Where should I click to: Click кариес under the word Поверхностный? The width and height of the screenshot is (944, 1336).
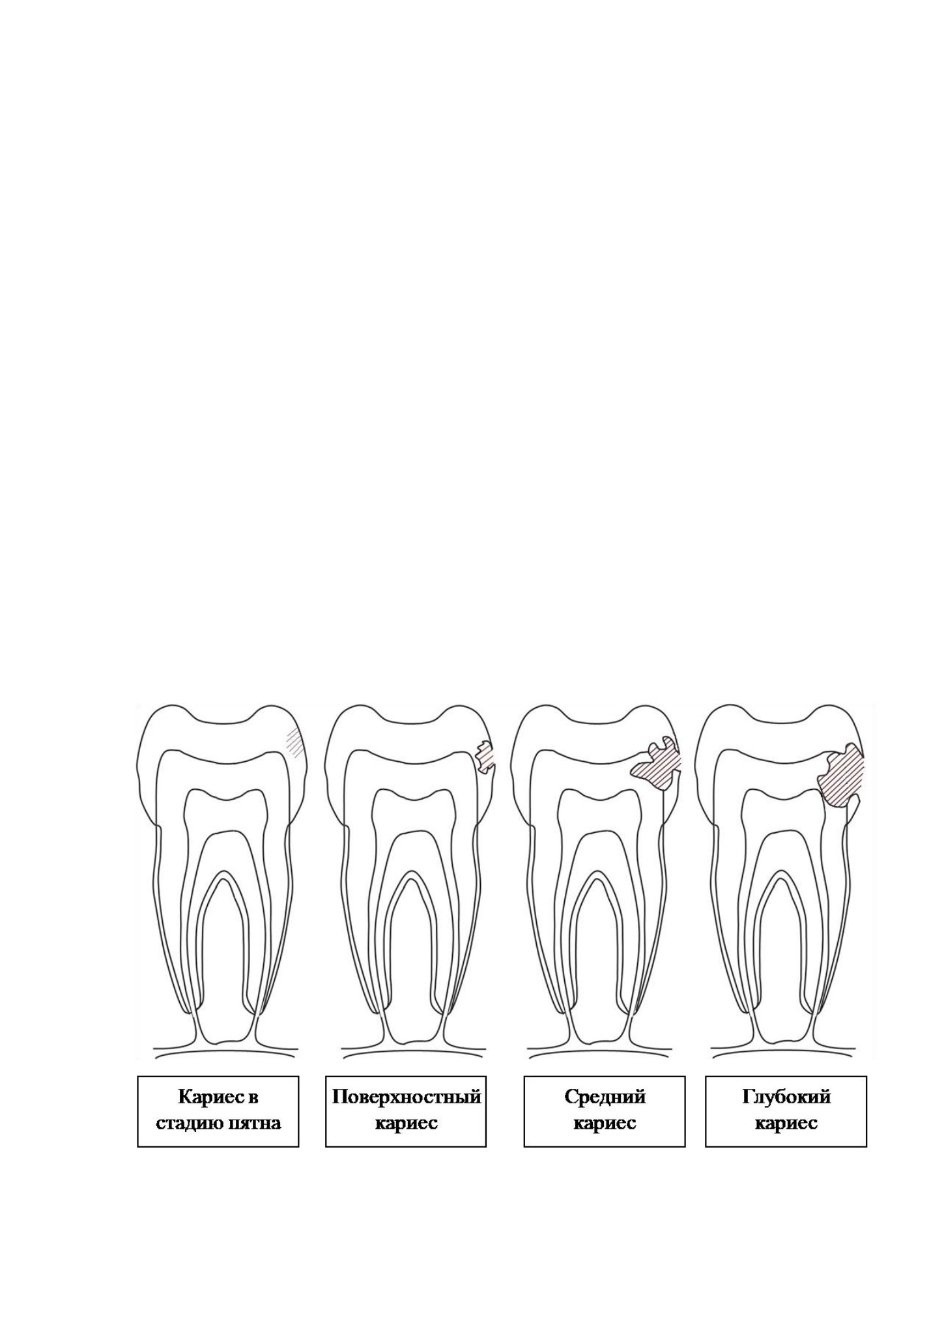(x=407, y=1124)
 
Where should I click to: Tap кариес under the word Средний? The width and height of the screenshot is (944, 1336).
(x=605, y=1124)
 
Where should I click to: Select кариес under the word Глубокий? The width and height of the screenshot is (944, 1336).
(x=786, y=1124)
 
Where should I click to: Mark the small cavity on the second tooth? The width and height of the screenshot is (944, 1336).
(x=484, y=757)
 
